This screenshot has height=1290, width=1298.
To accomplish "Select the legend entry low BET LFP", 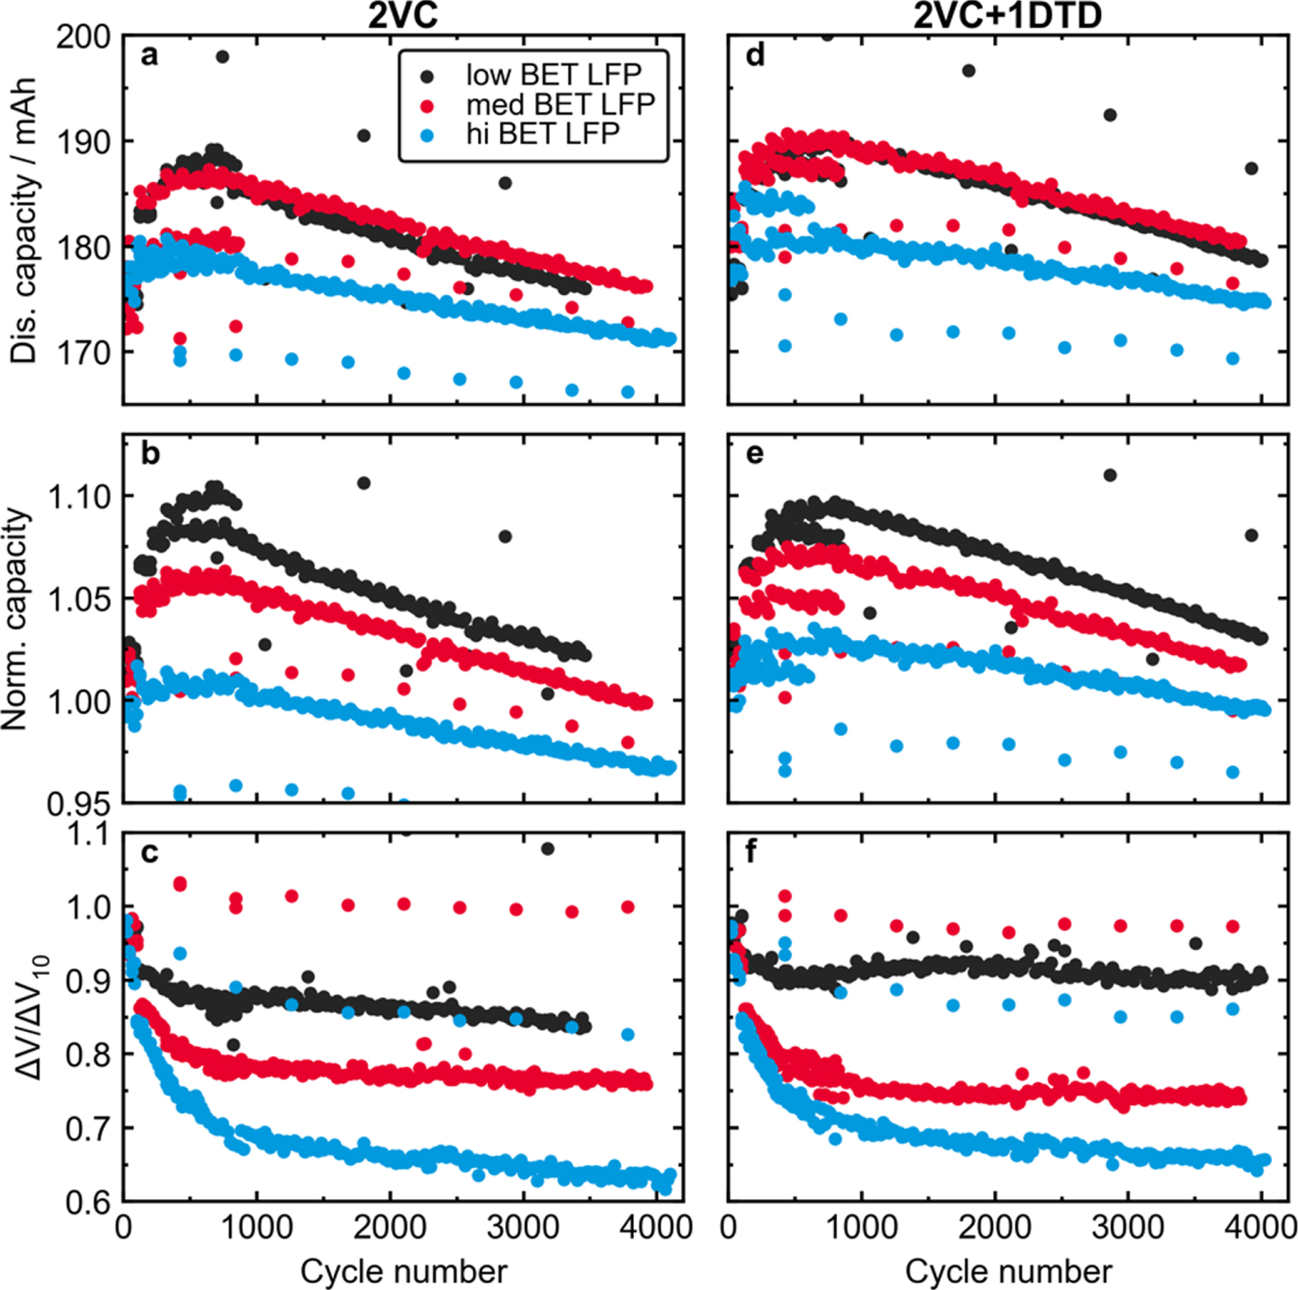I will point(553,75).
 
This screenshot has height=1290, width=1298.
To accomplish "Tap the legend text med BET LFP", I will point(560,104).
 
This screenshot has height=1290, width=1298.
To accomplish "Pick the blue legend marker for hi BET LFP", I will point(427,134).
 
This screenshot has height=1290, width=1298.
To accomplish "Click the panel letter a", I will point(149,55).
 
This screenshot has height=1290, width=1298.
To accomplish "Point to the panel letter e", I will point(754,454).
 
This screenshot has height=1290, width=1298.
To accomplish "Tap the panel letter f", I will point(751,852).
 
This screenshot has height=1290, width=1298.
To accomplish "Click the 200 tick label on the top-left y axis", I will point(83,37).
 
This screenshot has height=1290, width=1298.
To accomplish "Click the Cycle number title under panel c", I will point(403,1271).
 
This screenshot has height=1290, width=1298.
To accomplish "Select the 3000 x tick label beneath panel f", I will point(1128,1227).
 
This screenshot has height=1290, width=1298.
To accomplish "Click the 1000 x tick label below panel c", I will point(257,1227).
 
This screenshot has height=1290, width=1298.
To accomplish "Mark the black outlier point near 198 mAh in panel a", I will point(222,57).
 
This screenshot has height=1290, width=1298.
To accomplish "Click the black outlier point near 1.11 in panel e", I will point(1110,475).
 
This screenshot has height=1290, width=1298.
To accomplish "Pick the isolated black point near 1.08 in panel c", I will point(547,849).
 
